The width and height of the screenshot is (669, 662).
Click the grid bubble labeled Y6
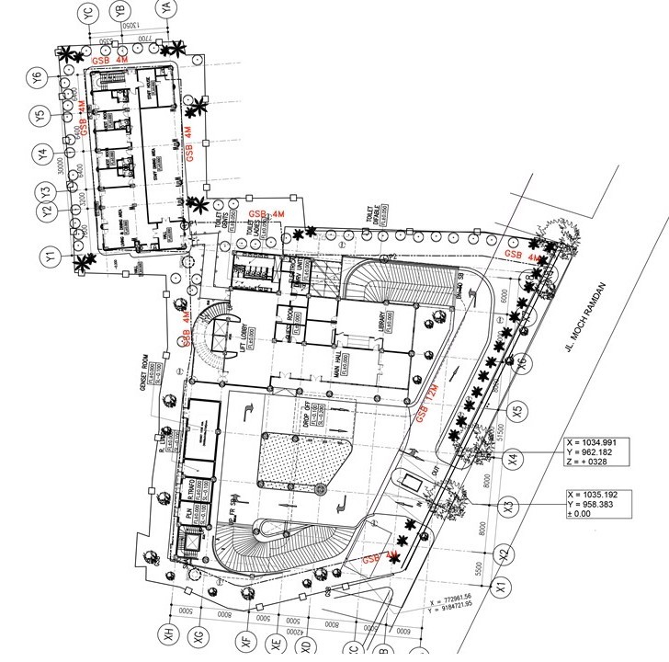38,78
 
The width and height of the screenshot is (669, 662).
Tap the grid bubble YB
119,12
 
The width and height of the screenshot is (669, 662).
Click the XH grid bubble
169,634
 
